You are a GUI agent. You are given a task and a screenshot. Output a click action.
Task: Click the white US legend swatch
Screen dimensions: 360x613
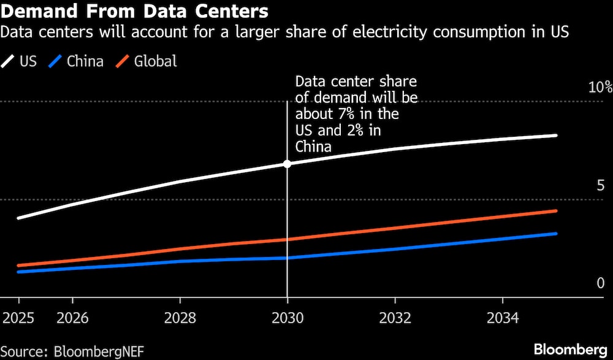(x=9, y=61)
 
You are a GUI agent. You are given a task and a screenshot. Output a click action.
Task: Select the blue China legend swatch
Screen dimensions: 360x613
(x=56, y=61)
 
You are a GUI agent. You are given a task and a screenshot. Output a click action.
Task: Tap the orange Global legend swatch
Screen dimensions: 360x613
(x=123, y=61)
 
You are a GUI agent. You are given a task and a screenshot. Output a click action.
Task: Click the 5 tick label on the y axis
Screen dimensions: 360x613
(x=600, y=186)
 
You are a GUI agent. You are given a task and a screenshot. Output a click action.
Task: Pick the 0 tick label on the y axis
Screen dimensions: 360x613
(x=600, y=283)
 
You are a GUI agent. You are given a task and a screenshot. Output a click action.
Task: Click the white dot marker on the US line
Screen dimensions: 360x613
(x=287, y=164)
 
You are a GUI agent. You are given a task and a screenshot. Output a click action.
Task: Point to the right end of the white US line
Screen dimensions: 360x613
(x=556, y=136)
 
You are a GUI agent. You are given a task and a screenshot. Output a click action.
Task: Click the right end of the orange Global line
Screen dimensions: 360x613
(x=556, y=211)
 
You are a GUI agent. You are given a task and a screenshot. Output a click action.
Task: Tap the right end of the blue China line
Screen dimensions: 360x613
(x=556, y=234)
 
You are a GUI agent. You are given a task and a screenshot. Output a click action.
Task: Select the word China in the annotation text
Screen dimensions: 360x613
(x=313, y=147)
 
